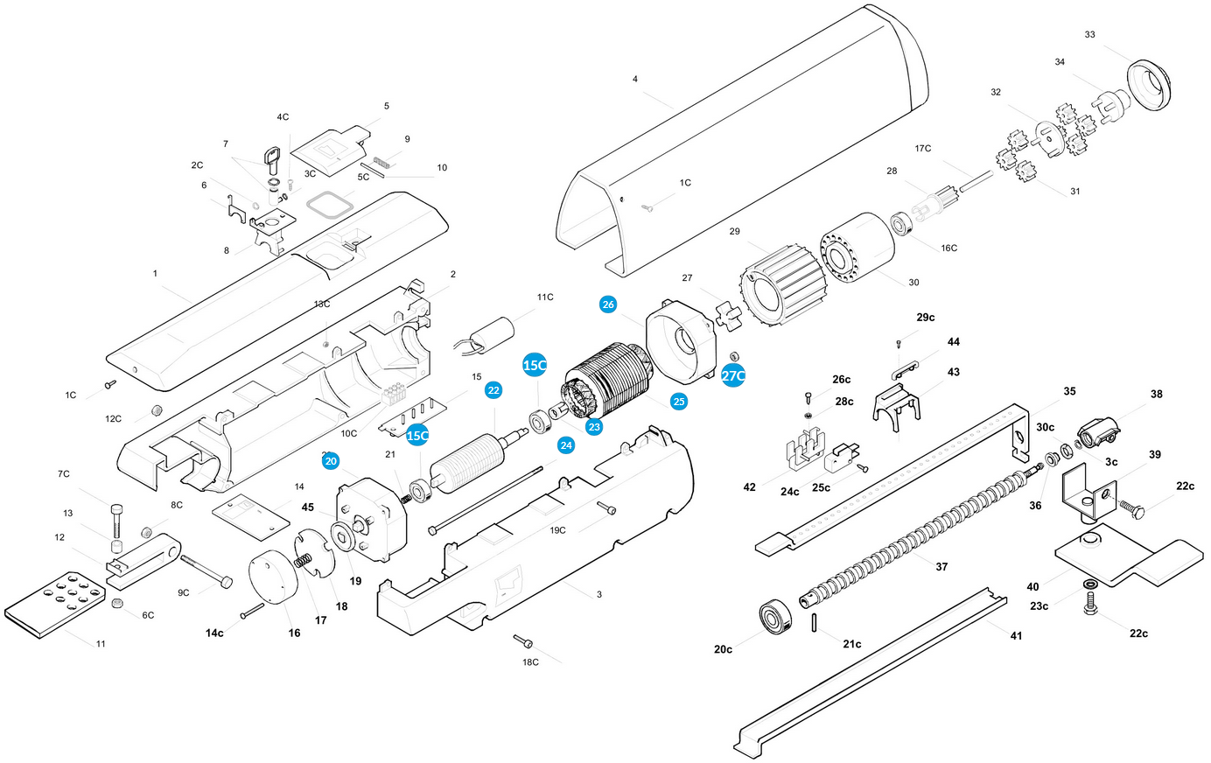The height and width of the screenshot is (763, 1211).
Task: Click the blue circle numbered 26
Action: pos(608,304)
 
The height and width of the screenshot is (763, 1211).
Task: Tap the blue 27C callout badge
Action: pos(733,375)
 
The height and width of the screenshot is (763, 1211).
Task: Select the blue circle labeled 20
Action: pos(331,461)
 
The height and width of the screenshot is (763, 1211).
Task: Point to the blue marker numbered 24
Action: pos(566,445)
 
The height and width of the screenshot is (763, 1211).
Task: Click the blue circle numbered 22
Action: pos(493,390)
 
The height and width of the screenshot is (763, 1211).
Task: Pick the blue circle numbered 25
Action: pos(678,402)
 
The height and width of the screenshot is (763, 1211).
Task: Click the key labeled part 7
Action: pos(272,160)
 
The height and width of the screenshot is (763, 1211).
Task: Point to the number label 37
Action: pos(941,567)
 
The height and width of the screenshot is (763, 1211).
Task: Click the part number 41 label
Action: pos(1017,636)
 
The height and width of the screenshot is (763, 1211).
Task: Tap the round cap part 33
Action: pos(1149,85)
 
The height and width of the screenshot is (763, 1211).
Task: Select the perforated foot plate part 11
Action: pos(54,605)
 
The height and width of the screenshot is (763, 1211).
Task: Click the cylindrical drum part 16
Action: pos(274,577)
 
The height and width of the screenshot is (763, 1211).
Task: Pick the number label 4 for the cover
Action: pos(634,80)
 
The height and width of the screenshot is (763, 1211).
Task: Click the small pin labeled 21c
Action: pos(814,623)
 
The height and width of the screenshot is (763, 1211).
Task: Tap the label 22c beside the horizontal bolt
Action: pos(1185,486)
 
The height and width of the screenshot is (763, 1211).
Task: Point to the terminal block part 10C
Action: pos(394,395)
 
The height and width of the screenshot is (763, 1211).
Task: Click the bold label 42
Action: pos(749,487)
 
